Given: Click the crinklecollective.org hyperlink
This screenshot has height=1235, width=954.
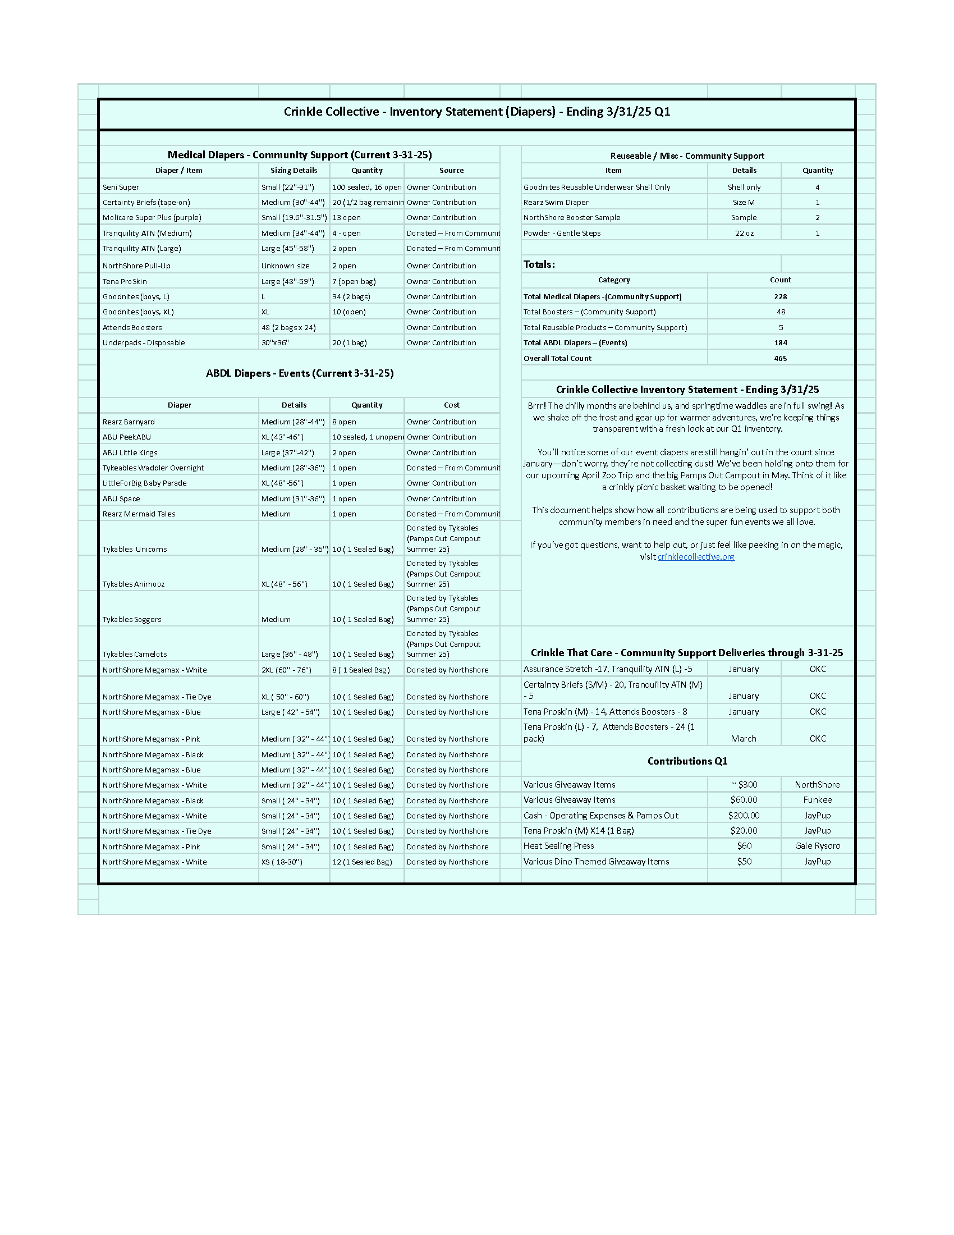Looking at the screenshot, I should click(x=696, y=556).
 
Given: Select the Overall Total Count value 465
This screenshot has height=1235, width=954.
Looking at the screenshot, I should click(x=780, y=358).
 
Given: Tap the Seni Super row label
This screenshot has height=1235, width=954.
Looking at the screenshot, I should click(x=121, y=187).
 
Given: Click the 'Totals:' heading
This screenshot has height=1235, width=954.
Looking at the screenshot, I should click(x=539, y=264).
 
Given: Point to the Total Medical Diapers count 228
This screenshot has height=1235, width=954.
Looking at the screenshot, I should click(x=780, y=296).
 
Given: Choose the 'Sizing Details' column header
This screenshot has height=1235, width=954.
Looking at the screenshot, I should click(x=293, y=170).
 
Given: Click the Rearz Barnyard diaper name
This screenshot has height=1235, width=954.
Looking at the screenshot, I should click(x=129, y=422).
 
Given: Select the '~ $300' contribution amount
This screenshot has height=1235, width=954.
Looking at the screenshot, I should click(x=744, y=784).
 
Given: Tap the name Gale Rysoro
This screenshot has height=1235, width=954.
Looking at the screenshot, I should click(x=817, y=846).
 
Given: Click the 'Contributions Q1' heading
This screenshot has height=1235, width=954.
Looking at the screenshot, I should click(x=687, y=761).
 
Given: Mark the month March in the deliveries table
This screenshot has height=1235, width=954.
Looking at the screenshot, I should click(x=743, y=739).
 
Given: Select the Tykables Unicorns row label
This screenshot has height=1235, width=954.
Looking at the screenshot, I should click(x=135, y=549).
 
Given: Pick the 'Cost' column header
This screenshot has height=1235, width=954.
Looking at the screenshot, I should click(x=452, y=405).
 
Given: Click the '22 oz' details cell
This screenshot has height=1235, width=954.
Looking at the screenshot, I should click(x=744, y=233).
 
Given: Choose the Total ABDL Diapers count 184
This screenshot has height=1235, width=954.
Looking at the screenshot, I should click(x=780, y=342).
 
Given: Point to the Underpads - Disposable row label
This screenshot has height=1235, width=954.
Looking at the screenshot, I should click(x=144, y=342).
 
